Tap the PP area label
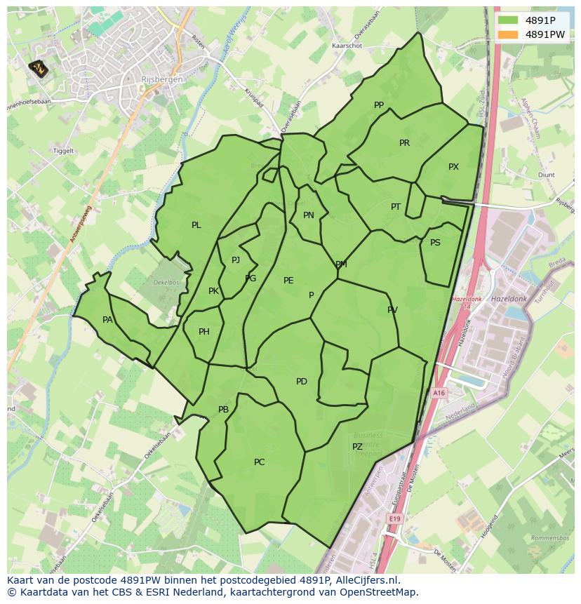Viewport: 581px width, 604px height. [x=379, y=105]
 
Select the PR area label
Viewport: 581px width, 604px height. [x=404, y=143]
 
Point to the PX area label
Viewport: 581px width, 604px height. [x=453, y=167]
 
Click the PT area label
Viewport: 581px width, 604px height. [x=396, y=207]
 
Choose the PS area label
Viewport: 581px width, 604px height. [x=435, y=243]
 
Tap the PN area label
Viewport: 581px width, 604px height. [x=309, y=215]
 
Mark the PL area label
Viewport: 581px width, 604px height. [x=196, y=225]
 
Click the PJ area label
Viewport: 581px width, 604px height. [x=236, y=260]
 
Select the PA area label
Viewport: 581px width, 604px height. [x=107, y=320]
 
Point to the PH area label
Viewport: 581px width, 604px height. [x=204, y=332]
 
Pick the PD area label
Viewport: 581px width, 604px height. [x=302, y=382]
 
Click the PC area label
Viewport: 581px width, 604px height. [x=260, y=462]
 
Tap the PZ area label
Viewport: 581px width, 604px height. [x=357, y=447]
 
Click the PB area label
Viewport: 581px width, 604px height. [x=223, y=410]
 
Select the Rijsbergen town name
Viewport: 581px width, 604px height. [x=161, y=79]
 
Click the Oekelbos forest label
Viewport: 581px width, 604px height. [x=167, y=282]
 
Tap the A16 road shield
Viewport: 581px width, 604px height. [x=439, y=394]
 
